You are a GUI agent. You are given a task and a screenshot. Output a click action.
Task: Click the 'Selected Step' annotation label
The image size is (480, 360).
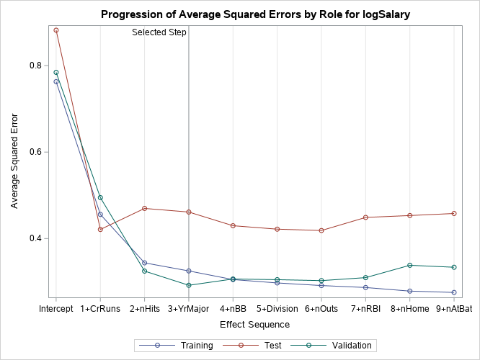click(x=159, y=32)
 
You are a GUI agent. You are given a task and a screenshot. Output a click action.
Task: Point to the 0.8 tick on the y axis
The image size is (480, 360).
click(x=33, y=66)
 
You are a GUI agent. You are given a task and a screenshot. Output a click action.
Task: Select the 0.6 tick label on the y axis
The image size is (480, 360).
click(x=33, y=152)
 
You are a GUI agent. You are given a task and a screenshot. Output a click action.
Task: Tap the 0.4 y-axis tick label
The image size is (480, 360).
click(x=33, y=238)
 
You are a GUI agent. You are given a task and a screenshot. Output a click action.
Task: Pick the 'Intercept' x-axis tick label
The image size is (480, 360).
click(x=56, y=309)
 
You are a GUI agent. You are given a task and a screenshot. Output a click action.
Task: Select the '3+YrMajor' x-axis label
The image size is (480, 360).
click(x=189, y=309)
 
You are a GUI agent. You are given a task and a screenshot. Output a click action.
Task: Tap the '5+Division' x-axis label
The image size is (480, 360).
click(x=277, y=309)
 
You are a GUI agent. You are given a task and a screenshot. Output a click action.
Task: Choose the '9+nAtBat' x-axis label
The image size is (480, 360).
click(x=454, y=309)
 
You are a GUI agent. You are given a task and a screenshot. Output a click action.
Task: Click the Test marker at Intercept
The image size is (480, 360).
click(x=56, y=30)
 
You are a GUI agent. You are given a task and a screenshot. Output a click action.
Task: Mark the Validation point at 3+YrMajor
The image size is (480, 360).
click(x=189, y=285)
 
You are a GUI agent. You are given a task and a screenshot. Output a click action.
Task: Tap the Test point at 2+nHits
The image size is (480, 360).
click(x=145, y=208)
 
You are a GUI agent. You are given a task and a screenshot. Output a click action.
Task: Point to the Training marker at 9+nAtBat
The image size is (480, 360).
click(x=454, y=292)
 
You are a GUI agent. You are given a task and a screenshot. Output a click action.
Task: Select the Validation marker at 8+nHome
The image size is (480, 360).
click(x=410, y=265)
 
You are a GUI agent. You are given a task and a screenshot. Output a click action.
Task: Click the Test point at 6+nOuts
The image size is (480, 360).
click(x=321, y=230)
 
